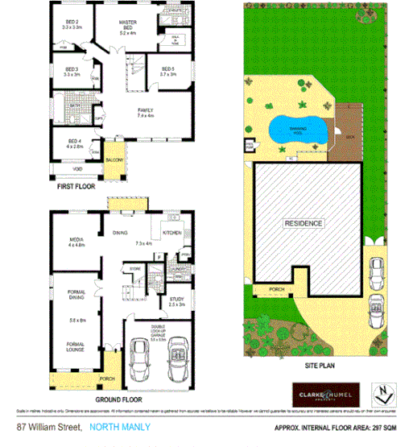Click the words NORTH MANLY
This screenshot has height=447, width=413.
point(119,428)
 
